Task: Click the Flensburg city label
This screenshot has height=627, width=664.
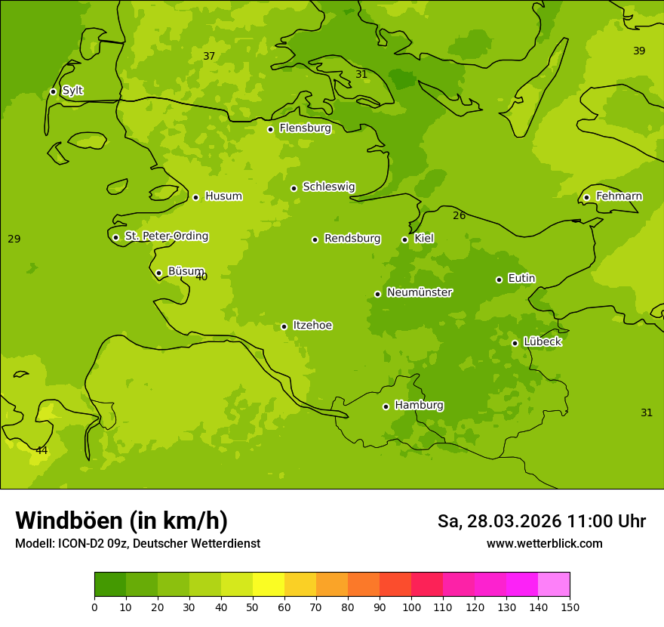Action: tap(305, 128)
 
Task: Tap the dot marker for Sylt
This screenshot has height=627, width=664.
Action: tap(53, 91)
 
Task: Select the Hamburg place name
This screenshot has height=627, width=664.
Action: tap(419, 406)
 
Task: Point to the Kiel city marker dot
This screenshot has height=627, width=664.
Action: tap(404, 239)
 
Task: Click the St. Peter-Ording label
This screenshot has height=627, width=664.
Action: tap(166, 236)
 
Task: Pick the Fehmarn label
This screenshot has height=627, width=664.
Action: tap(619, 196)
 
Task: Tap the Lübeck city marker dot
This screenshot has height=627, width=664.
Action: tap(515, 343)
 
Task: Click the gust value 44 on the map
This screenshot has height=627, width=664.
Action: tap(41, 451)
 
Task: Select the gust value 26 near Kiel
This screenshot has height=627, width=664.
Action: tap(459, 216)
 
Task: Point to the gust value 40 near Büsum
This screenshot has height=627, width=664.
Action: tap(201, 277)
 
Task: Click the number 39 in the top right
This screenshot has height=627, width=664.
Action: tap(639, 51)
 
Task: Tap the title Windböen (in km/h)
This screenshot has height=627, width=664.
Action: tap(121, 520)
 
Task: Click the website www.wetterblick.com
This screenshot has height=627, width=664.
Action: tap(544, 544)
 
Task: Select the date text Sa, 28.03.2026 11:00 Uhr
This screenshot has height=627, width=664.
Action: tap(541, 521)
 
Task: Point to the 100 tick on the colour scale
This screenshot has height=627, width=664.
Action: tap(411, 607)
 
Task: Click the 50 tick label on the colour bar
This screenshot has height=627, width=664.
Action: tap(253, 607)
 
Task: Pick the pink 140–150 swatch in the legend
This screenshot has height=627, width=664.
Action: tap(554, 585)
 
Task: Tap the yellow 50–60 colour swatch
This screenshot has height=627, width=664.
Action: tap(269, 585)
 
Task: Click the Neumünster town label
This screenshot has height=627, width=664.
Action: tap(419, 292)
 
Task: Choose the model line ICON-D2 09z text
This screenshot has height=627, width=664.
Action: tap(137, 544)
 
